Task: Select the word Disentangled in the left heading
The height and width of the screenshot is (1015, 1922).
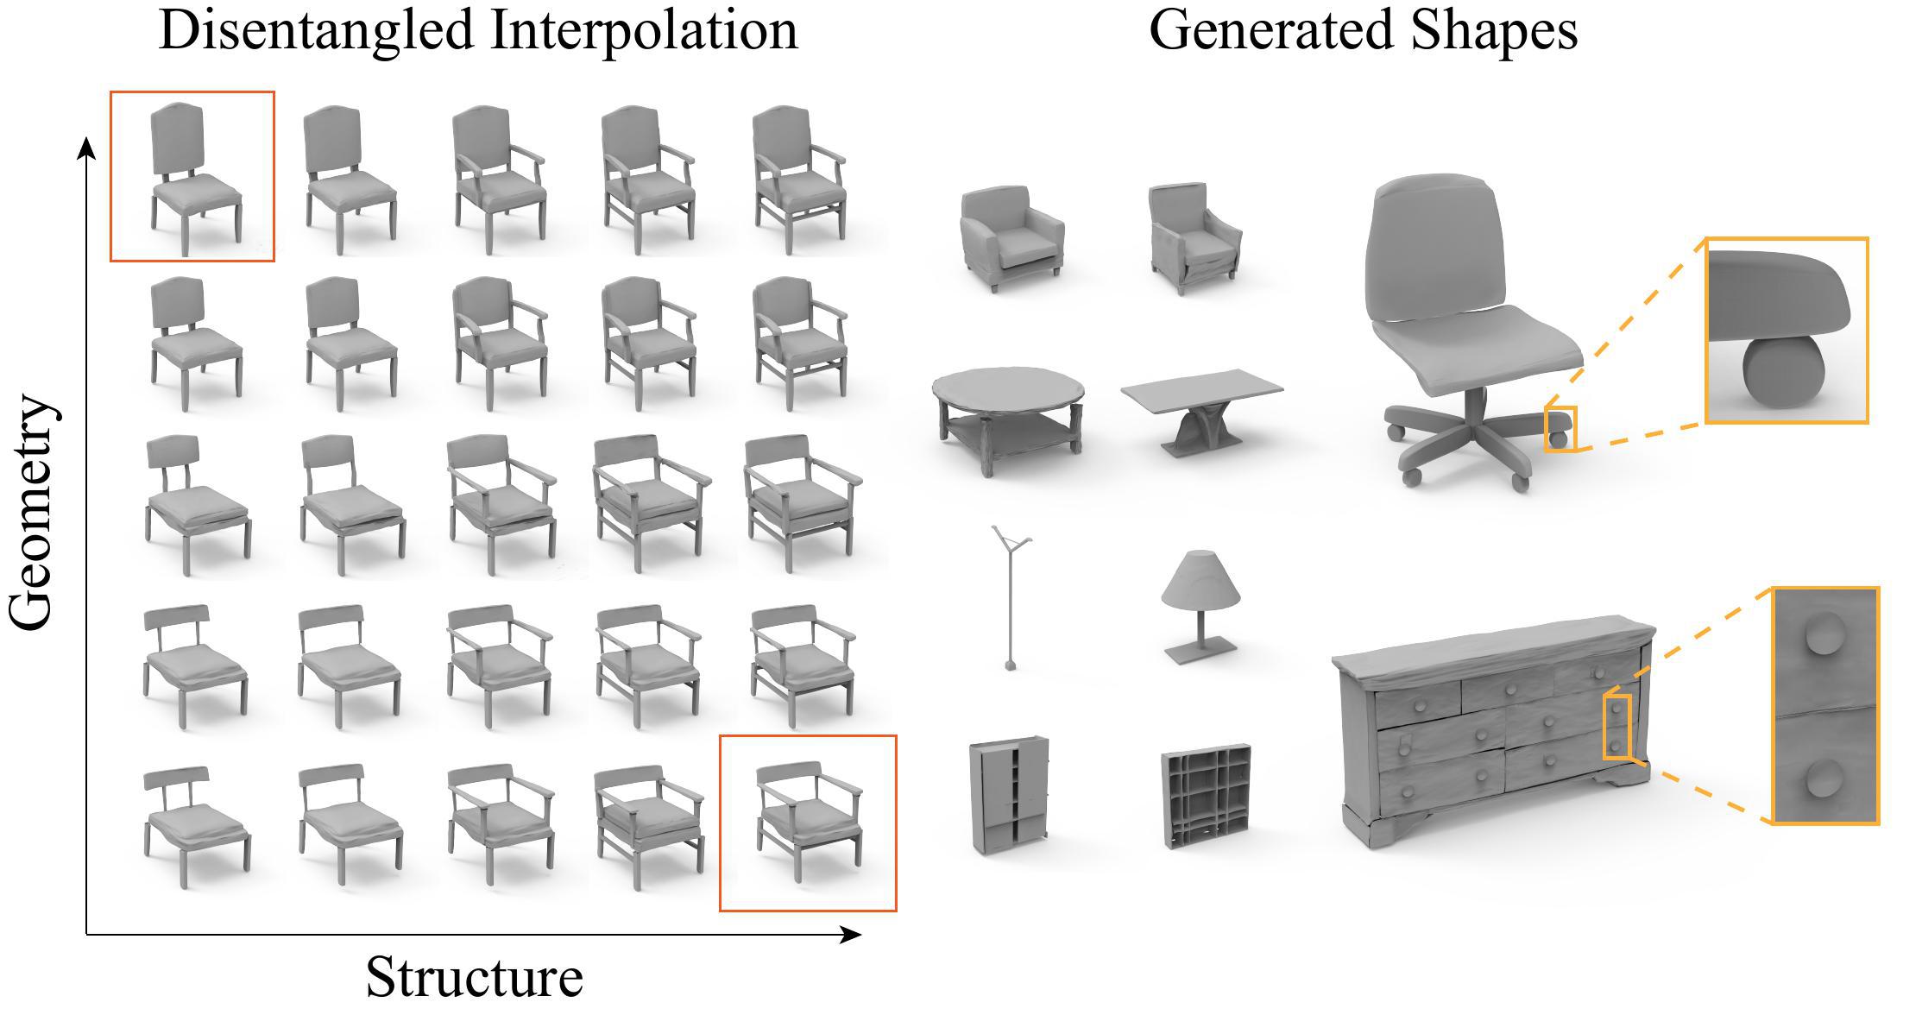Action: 316,31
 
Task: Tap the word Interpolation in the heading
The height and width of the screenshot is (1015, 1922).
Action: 643,31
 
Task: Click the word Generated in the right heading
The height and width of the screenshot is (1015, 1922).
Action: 1271,31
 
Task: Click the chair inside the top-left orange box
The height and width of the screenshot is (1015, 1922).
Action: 192,177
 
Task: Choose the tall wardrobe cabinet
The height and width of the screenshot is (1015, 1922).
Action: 1008,795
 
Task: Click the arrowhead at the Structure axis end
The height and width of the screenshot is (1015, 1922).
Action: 853,934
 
